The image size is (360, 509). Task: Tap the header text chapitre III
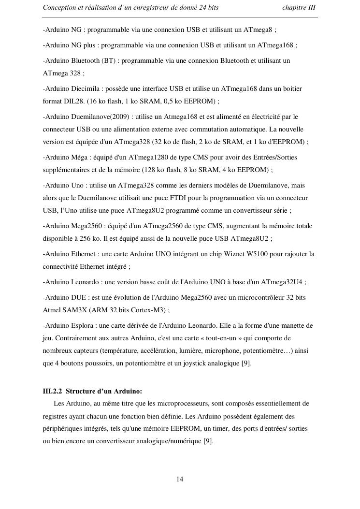pyautogui.click(x=299, y=8)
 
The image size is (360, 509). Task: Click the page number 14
pyautogui.click(x=180, y=479)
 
